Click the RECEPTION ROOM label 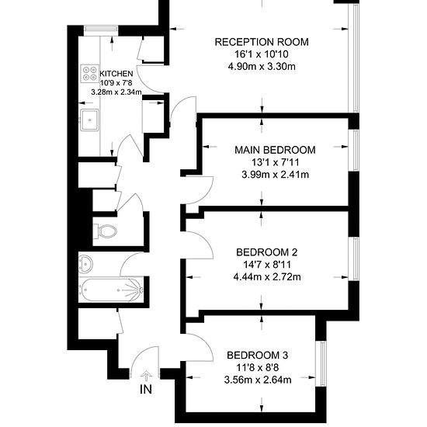pos(262,42)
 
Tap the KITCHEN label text pos(116,74)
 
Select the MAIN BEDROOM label pos(275,150)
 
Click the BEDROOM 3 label pos(257,355)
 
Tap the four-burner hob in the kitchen pos(90,74)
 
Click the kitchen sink pos(89,120)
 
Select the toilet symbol pos(105,231)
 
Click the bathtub pos(110,290)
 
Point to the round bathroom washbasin pos(85,264)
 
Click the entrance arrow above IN pos(146,376)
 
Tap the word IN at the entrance pos(146,390)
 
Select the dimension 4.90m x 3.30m pos(262,67)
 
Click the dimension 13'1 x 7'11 pos(275,162)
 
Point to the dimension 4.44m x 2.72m pos(267,277)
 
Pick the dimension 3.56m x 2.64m pos(258,380)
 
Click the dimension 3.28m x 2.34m pos(116,92)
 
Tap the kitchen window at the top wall pos(101,30)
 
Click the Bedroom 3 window pos(321,363)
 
